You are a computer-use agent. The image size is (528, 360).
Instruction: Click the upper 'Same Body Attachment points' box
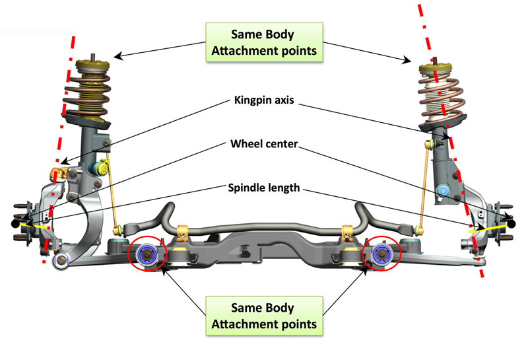click(x=264, y=42)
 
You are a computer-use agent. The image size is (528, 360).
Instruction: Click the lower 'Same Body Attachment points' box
click(x=264, y=316)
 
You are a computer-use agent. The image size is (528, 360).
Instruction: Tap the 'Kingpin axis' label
click(x=264, y=100)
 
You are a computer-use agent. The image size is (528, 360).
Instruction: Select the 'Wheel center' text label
click(x=264, y=144)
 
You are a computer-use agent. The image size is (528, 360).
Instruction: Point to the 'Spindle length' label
click(x=264, y=188)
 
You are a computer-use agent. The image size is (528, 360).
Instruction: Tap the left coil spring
click(x=87, y=96)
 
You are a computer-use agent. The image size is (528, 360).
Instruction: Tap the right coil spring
click(x=442, y=101)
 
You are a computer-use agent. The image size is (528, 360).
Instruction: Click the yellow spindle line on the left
click(x=34, y=225)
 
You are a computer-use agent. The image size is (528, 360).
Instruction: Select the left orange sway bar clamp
click(x=182, y=233)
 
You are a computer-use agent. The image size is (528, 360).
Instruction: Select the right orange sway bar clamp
click(x=347, y=233)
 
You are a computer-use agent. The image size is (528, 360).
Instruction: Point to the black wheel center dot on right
click(x=511, y=223)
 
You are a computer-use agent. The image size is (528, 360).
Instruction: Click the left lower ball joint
click(x=61, y=260)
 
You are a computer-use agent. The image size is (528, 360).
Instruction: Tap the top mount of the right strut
click(x=435, y=68)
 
